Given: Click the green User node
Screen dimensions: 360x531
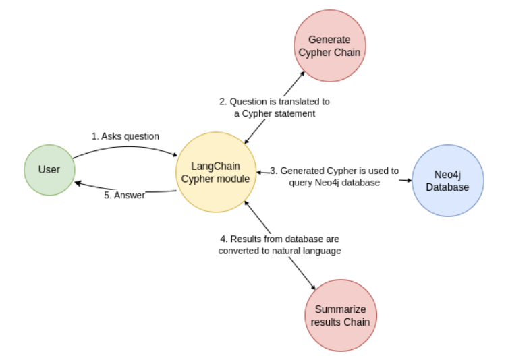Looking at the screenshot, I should (x=49, y=170).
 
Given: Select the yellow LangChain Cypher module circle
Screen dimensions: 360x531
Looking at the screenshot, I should (x=215, y=172).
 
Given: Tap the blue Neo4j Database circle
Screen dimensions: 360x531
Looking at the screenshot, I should (x=447, y=181).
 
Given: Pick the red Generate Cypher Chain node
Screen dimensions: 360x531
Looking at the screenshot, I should (x=329, y=46).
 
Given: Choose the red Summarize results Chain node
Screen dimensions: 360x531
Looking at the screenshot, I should (x=340, y=316).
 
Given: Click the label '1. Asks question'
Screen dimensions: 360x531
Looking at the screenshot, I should (x=125, y=136).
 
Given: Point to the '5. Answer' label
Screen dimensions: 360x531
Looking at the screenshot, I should (x=125, y=196).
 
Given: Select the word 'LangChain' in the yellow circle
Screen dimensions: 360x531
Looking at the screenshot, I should (x=216, y=166).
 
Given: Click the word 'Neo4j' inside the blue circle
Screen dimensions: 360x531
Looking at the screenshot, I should (x=447, y=175).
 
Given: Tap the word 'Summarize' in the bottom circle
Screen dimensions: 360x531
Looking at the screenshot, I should (x=340, y=309).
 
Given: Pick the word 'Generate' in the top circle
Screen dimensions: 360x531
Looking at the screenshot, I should (x=329, y=40).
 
